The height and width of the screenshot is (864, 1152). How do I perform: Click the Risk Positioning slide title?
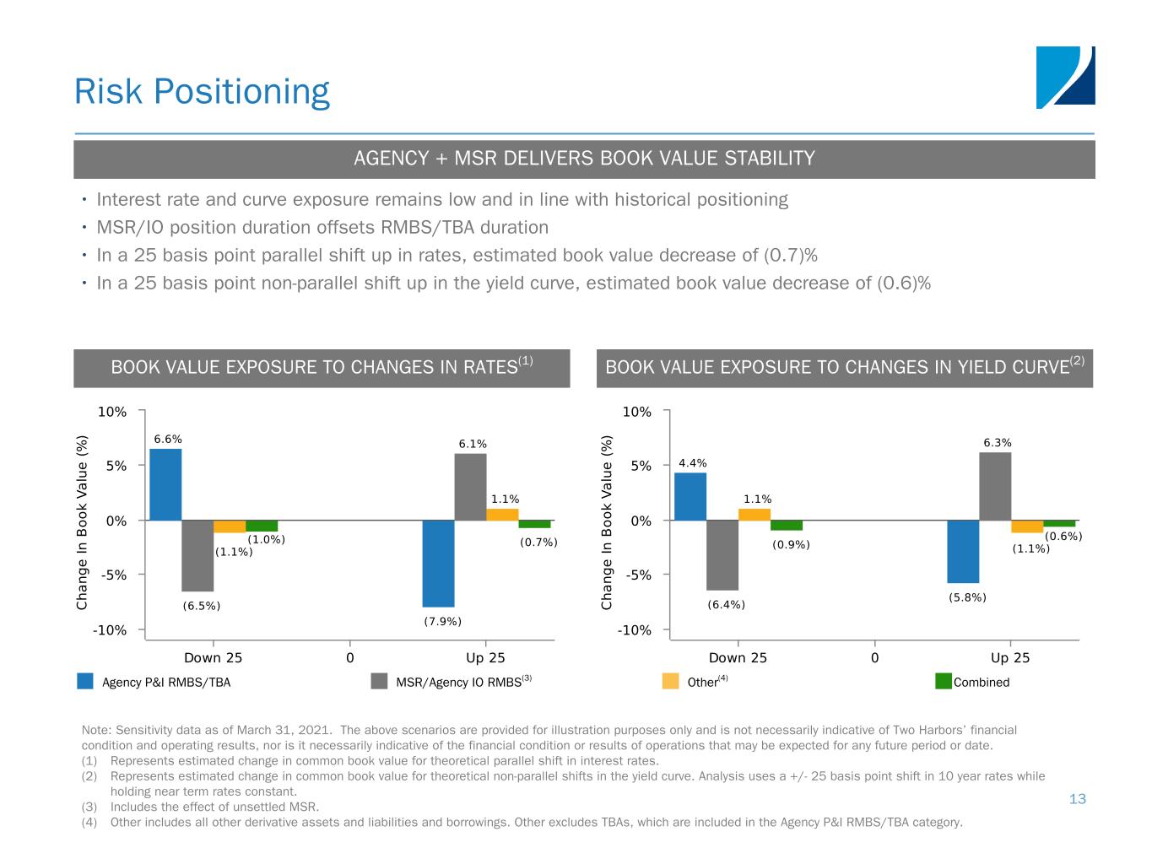pyautogui.click(x=202, y=91)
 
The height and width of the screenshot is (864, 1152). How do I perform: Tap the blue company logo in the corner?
pyautogui.click(x=1065, y=78)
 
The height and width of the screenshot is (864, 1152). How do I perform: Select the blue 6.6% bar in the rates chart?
pyautogui.click(x=165, y=484)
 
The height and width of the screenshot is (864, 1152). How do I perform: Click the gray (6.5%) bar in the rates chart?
pyautogui.click(x=197, y=555)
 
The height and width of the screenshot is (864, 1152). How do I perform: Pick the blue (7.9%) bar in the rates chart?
pyautogui.click(x=438, y=563)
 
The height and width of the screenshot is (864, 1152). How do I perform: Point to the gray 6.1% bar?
pyautogui.click(x=470, y=487)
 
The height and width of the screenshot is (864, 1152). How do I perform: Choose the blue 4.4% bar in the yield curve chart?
pyautogui.click(x=690, y=496)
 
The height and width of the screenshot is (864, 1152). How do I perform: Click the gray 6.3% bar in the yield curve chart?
pyautogui.click(x=995, y=486)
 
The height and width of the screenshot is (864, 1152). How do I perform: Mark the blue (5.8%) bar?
pyautogui.click(x=963, y=551)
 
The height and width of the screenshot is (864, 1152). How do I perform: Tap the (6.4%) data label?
pyautogui.click(x=726, y=605)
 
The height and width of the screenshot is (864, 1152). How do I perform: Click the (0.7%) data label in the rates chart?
pyautogui.click(x=538, y=543)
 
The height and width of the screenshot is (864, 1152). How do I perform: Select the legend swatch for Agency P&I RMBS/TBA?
pyautogui.click(x=85, y=681)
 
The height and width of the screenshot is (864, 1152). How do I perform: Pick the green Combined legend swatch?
pyautogui.click(x=944, y=681)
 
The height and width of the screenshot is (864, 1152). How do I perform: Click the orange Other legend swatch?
pyautogui.click(x=670, y=681)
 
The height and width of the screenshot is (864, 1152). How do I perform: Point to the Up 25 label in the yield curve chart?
pyautogui.click(x=1010, y=657)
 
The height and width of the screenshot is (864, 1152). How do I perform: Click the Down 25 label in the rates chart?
pyautogui.click(x=213, y=657)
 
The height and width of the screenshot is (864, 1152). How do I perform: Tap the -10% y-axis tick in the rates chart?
pyautogui.click(x=111, y=630)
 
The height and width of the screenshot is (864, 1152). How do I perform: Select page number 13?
pyautogui.click(x=1077, y=799)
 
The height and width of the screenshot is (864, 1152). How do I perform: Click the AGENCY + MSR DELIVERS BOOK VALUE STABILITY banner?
pyautogui.click(x=584, y=159)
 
